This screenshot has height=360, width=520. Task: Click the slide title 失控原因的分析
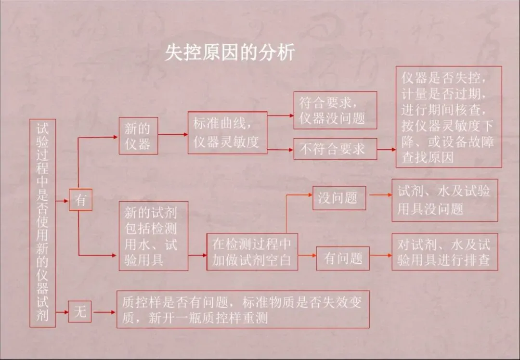point(230,52)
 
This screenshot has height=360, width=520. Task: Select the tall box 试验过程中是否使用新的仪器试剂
point(42,223)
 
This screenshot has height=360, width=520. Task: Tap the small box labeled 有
point(80,200)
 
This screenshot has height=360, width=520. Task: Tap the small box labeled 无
point(80,312)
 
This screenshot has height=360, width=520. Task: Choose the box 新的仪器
point(138,136)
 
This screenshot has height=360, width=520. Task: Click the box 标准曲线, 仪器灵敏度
point(227,132)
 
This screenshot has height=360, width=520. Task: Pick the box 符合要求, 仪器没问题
point(335,110)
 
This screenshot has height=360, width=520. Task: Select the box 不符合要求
point(335,149)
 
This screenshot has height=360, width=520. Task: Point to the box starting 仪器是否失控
point(449,117)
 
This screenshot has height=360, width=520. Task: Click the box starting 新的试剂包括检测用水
point(153,236)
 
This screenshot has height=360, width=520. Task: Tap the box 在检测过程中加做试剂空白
point(252,252)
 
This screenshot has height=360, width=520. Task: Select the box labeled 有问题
point(343,258)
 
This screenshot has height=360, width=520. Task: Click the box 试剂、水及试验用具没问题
point(444,200)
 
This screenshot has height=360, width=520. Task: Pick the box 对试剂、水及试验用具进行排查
point(444,252)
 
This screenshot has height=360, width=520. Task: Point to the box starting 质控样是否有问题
point(243,309)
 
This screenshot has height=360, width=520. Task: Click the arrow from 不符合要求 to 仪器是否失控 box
point(387,150)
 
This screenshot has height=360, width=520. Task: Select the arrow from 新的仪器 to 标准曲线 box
point(173,135)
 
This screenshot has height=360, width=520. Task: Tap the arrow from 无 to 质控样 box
point(104,312)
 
